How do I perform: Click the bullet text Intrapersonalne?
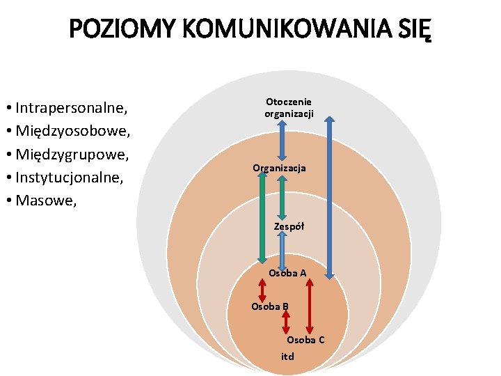click(71, 108)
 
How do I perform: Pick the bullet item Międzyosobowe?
click(74, 130)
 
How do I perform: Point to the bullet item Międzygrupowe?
click(74, 153)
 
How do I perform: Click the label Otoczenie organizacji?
click(289, 107)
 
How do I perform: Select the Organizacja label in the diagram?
click(279, 169)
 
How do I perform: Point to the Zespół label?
click(289, 226)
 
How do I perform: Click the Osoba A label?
click(287, 273)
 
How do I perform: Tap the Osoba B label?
click(270, 306)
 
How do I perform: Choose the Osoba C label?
click(305, 340)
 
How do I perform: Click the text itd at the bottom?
click(287, 357)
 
